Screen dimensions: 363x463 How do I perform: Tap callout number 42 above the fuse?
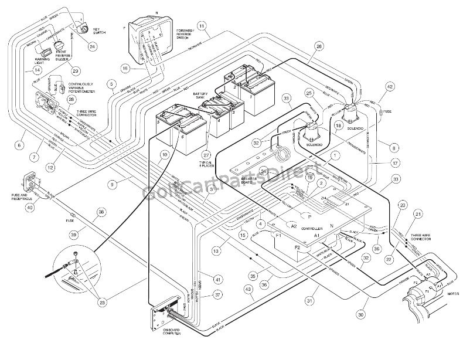[x=388, y=87]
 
